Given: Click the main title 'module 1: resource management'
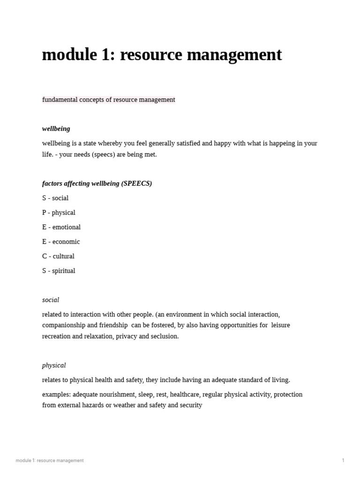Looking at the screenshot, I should [x=162, y=55].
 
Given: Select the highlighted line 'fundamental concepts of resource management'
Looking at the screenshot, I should [x=108, y=99].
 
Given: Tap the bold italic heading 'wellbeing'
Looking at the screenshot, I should [x=56, y=128].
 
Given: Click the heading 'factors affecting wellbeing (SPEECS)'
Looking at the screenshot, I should [x=97, y=183].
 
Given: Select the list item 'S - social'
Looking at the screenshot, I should [x=55, y=198].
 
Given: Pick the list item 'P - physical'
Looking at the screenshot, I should [x=59, y=212].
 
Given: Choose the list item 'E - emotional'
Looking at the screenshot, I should [x=61, y=227].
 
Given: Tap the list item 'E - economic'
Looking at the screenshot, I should [x=61, y=241].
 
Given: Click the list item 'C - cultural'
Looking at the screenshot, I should [x=58, y=256].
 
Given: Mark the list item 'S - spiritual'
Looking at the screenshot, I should [x=59, y=270].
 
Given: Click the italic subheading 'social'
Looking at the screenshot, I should [x=51, y=300].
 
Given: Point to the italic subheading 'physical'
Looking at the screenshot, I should [x=54, y=365].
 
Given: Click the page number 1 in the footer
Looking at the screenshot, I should [x=343, y=460].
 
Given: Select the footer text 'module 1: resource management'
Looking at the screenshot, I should [x=50, y=460].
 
